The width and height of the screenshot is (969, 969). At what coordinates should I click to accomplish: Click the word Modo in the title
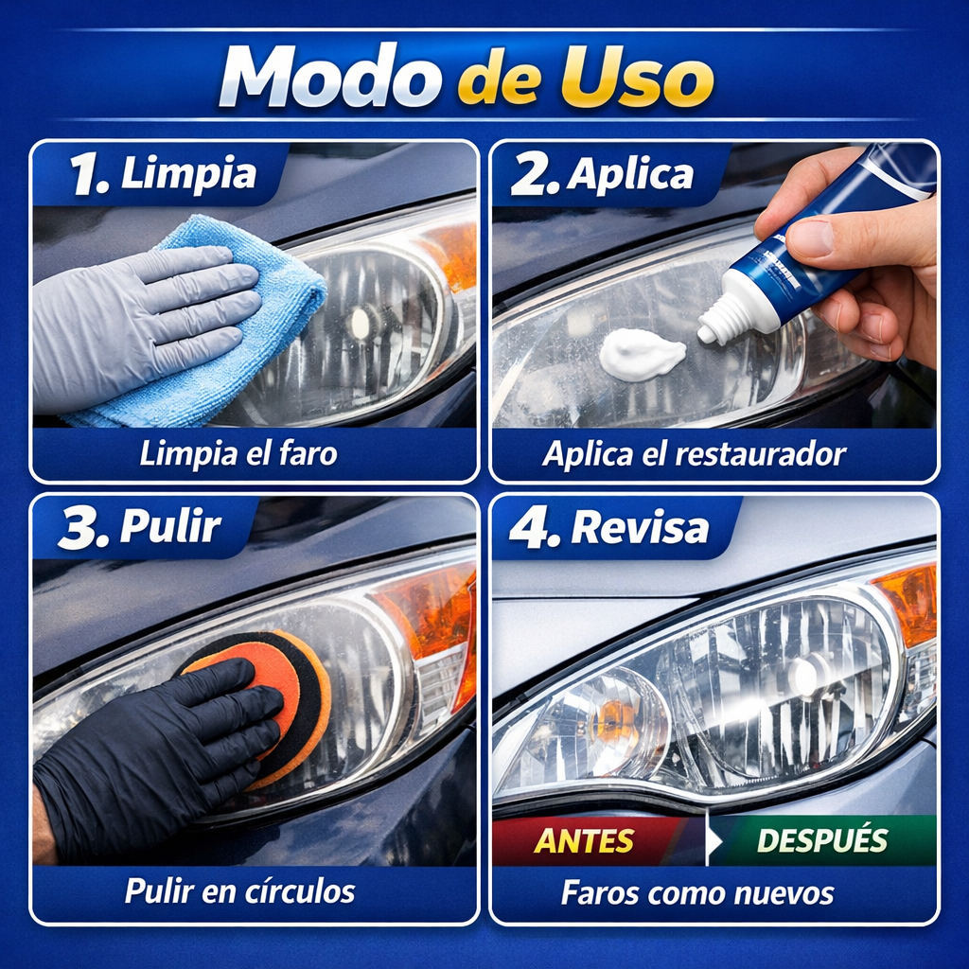[328, 77]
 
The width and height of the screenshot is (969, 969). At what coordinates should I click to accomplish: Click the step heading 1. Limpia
[163, 174]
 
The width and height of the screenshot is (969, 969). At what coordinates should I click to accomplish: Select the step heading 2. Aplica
[602, 175]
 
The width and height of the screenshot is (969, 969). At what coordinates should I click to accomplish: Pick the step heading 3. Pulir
[140, 527]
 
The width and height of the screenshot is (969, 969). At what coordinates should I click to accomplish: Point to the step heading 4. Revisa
[609, 527]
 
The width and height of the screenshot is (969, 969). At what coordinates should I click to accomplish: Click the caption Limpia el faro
[238, 454]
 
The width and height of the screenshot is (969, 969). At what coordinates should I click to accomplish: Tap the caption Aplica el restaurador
[694, 454]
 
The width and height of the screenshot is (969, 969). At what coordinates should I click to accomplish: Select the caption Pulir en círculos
[239, 891]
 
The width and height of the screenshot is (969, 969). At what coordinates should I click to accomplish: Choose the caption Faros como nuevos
[697, 893]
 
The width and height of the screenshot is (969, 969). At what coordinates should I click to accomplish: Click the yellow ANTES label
[584, 841]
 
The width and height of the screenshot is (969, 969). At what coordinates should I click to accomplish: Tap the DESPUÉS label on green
[822, 840]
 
